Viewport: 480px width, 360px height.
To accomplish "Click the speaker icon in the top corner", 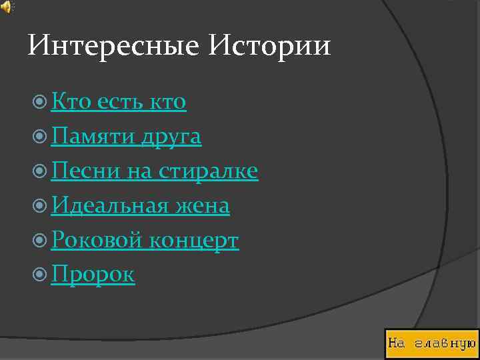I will [7, 7].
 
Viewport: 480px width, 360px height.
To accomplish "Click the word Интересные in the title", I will [113, 46].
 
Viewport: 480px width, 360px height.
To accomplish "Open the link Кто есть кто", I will [119, 102].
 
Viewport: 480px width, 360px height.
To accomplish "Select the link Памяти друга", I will [126, 137].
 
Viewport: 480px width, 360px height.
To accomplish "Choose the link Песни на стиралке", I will [154, 171].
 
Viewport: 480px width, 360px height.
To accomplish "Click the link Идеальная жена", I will [140, 206].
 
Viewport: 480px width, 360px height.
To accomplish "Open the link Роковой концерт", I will [145, 241].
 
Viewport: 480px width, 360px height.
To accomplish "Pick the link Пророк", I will [93, 275].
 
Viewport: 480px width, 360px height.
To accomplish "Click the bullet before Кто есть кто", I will [40, 103].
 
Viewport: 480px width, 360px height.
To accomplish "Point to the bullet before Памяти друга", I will [40, 137].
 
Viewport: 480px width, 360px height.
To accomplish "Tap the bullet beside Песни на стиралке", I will [40, 172].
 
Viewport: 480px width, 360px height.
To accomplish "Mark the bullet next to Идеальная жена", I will [40, 207].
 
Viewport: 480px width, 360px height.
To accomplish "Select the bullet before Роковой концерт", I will [40, 241].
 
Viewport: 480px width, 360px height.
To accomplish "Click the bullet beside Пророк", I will [40, 275].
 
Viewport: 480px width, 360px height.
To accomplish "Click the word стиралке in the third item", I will [208, 171].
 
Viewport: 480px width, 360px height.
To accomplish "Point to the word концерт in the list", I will [193, 241].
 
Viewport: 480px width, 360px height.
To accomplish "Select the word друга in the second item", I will [171, 137].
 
